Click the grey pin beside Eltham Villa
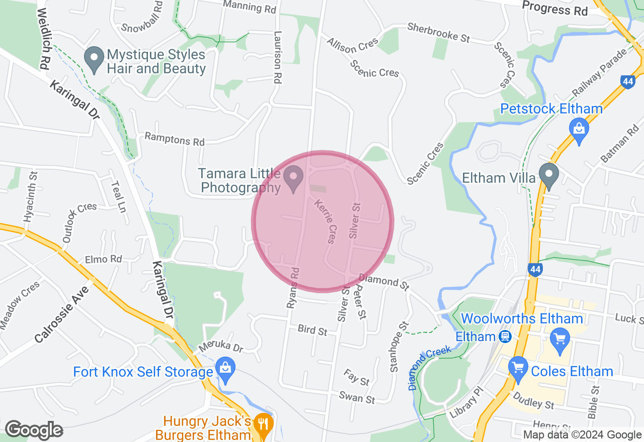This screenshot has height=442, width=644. (x=549, y=176)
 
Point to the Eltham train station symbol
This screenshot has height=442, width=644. (x=504, y=337)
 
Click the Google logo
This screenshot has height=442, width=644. (x=34, y=430)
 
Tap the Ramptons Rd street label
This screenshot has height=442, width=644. (x=175, y=139)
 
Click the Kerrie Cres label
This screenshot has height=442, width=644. (x=325, y=221)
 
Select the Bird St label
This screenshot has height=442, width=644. (x=312, y=330)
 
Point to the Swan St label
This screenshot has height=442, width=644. (x=357, y=398)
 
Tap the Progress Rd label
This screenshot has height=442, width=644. (x=554, y=9)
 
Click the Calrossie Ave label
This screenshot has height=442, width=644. (x=62, y=315)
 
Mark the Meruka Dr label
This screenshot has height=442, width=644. (x=220, y=347)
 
